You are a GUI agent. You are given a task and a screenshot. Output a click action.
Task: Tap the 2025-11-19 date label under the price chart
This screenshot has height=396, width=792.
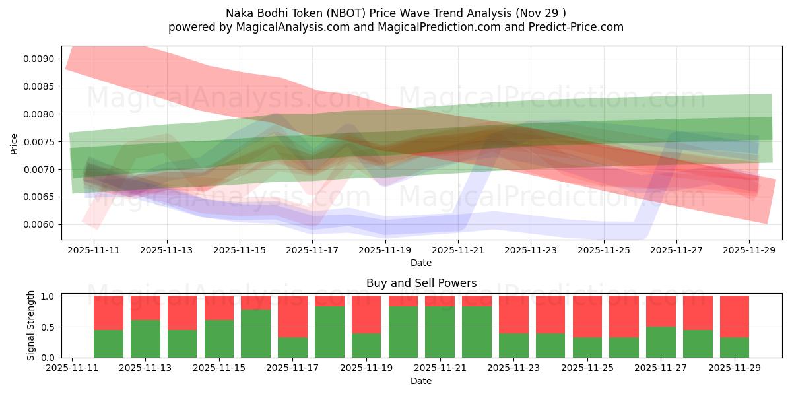click(385, 251)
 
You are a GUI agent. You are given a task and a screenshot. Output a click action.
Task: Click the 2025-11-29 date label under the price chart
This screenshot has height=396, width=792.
click(749, 251)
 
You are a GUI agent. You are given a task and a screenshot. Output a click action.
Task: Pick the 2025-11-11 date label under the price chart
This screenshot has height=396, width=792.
click(94, 251)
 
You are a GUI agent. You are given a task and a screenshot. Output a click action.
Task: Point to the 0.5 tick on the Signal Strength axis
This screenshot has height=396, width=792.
click(49, 327)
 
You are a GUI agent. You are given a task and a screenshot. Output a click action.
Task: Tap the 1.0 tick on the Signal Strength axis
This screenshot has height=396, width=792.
click(49, 296)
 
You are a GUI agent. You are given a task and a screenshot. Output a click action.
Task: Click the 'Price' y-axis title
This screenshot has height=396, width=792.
click(15, 143)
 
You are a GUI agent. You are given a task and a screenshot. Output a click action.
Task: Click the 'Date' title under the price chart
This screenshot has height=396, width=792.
click(421, 263)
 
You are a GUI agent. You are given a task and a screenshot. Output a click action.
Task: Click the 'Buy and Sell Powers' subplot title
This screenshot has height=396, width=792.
click(421, 283)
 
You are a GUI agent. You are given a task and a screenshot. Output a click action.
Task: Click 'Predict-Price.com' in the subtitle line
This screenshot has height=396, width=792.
click(575, 27)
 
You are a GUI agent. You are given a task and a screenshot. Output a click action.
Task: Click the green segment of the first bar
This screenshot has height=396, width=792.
click(108, 343)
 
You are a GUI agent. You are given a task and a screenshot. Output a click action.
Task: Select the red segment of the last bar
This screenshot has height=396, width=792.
click(734, 316)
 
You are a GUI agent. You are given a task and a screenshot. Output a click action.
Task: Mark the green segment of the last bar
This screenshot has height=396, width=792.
click(734, 347)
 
